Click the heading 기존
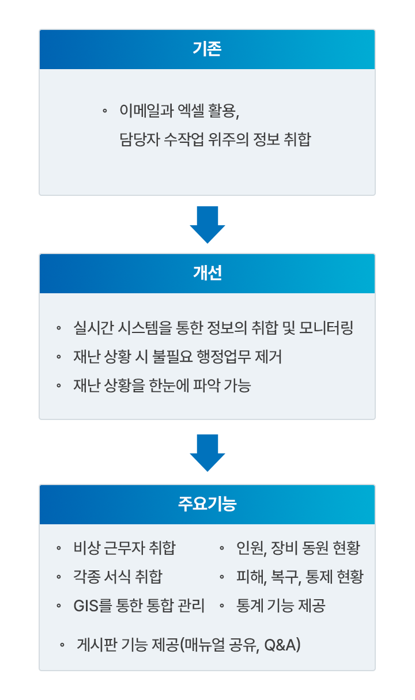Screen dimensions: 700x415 click(x=207, y=49)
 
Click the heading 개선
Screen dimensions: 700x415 click(x=207, y=273)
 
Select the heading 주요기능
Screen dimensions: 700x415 click(x=207, y=504)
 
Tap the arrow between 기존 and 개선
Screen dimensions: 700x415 click(x=207, y=224)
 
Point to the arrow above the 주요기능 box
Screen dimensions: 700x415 click(x=207, y=452)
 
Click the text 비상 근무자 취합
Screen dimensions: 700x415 click(x=124, y=547)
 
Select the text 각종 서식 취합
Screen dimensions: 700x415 click(x=118, y=576)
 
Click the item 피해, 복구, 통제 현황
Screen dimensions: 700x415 click(x=300, y=576)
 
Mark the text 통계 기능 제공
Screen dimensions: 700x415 click(x=281, y=606)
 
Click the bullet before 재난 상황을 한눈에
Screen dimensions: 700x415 click(x=59, y=385)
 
